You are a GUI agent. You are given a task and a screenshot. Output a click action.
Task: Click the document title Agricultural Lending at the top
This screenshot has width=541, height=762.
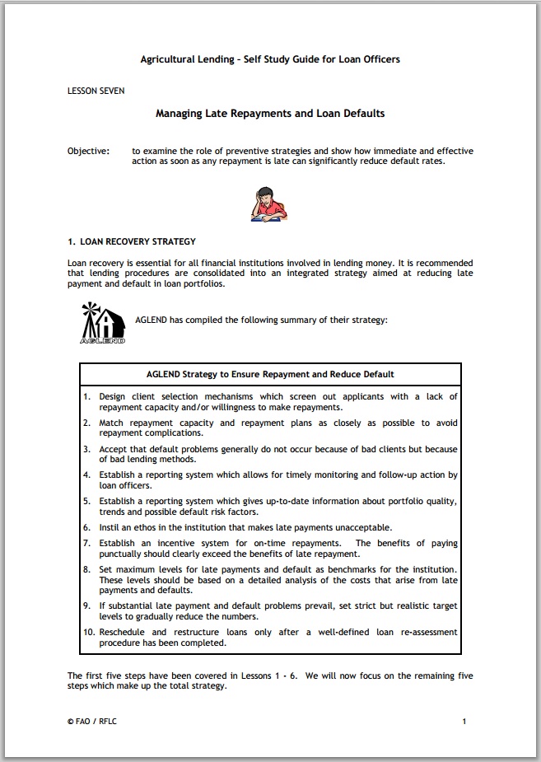click(x=270, y=59)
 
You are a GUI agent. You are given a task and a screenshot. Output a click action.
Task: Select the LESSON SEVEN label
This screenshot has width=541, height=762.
click(x=96, y=91)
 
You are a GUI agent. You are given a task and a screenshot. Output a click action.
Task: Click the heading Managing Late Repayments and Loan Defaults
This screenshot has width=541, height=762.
click(x=270, y=114)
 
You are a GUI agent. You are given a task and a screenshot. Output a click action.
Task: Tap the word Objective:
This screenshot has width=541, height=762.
click(x=88, y=152)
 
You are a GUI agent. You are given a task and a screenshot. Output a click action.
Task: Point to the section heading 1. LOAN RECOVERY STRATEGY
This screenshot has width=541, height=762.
click(x=132, y=242)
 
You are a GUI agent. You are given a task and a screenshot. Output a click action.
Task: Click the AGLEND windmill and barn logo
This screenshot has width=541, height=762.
click(x=103, y=322)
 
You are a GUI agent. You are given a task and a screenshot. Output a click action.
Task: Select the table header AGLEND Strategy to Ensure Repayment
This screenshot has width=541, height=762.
click(x=270, y=375)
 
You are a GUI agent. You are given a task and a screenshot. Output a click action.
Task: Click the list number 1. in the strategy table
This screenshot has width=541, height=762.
click(x=87, y=397)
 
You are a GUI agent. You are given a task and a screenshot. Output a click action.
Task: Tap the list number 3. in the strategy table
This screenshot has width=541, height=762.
click(x=87, y=450)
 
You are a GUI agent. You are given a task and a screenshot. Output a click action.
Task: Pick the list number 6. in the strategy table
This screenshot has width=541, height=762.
click(x=87, y=527)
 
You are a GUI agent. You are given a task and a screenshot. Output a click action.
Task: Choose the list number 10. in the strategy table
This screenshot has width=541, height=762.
click(x=89, y=632)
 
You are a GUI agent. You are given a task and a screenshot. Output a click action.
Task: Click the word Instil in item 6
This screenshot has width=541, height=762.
click(x=110, y=527)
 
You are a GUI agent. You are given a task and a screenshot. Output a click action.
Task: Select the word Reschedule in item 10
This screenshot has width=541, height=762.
click(x=122, y=632)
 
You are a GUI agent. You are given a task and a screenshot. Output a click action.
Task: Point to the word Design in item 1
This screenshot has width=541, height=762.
click(x=113, y=397)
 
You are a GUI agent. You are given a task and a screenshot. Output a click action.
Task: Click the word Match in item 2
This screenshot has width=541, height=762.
click(x=111, y=423)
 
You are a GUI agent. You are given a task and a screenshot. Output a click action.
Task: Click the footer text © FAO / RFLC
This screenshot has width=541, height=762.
click(x=93, y=722)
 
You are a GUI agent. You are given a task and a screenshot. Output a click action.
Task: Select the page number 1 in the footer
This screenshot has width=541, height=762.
click(x=464, y=722)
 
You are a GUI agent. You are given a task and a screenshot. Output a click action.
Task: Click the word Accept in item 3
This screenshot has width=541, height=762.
click(x=114, y=450)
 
